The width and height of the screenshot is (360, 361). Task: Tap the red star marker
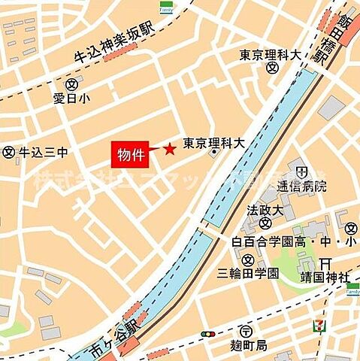point(170,149)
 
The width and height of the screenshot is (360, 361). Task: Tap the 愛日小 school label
point(71,97)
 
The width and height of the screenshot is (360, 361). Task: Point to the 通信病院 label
point(301,185)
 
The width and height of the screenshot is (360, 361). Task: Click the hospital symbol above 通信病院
point(302,169)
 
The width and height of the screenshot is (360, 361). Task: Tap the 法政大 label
point(262,205)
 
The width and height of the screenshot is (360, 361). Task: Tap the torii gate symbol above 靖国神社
point(325,262)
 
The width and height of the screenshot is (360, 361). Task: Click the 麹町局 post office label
point(248,345)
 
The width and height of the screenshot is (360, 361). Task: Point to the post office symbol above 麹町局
point(247,331)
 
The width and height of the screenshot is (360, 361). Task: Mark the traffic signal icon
point(207,333)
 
